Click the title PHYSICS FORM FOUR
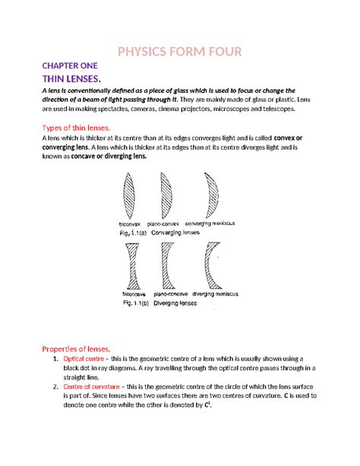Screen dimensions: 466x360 coord(180,52)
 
